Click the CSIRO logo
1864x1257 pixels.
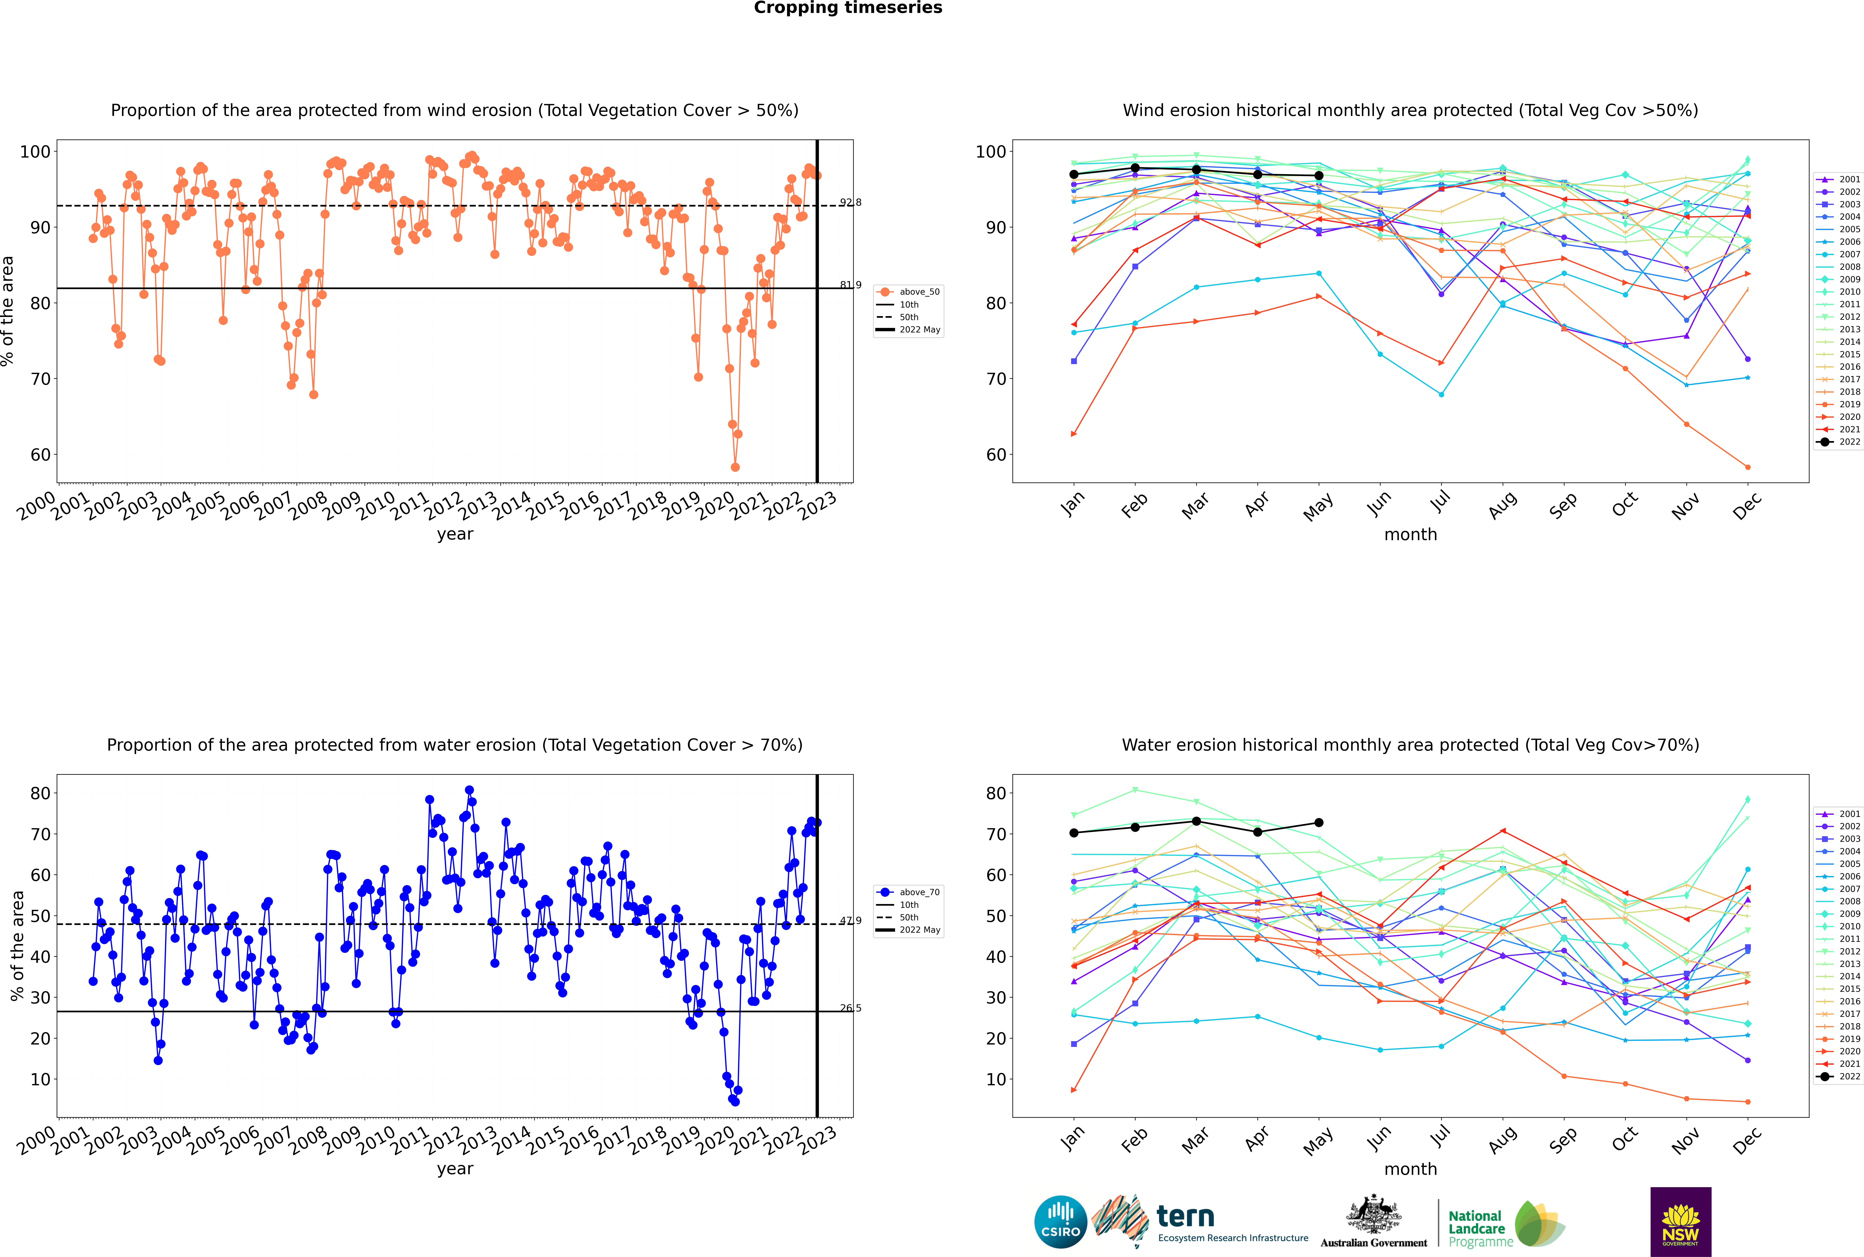coord(1060,1222)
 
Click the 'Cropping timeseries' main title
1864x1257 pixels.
coord(848,8)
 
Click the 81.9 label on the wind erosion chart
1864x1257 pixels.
coord(850,285)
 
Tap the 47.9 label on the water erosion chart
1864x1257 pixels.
coord(850,920)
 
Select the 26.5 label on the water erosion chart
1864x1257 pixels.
coord(850,1008)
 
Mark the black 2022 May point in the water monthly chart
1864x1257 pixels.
coord(1319,822)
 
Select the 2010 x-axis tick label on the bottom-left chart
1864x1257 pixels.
coord(377,1140)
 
